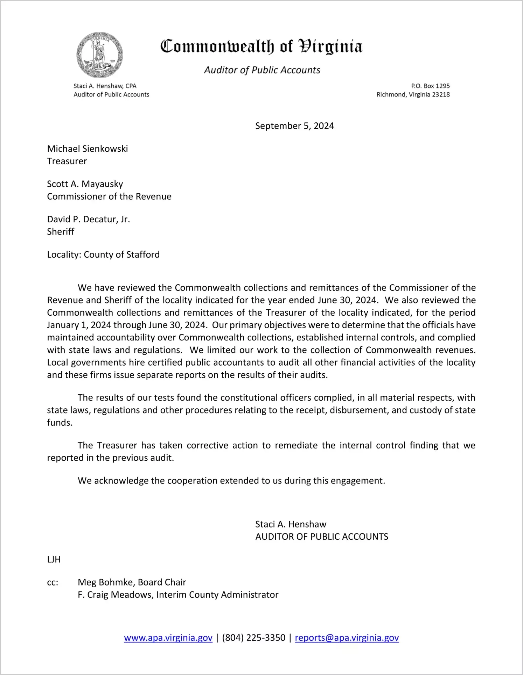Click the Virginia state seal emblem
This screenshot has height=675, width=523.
click(100, 55)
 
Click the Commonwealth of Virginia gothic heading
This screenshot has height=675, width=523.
click(261, 47)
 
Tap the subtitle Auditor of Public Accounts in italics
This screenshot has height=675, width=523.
click(262, 70)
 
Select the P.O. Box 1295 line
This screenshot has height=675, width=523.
click(430, 86)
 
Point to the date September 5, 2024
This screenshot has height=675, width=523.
click(294, 126)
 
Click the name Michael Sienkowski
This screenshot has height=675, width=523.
click(88, 149)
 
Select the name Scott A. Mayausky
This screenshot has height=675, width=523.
click(85, 184)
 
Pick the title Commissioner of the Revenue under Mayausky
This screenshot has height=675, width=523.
click(109, 196)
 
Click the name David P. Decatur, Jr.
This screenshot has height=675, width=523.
click(89, 220)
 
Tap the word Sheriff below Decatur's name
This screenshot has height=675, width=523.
click(61, 232)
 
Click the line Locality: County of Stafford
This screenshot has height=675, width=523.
click(103, 254)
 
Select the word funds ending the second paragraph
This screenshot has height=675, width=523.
click(60, 423)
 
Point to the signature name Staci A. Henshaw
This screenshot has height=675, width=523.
click(291, 524)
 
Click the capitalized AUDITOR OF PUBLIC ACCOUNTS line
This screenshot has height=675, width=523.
click(322, 537)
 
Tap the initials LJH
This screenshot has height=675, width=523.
click(54, 560)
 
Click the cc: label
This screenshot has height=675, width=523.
click(53, 583)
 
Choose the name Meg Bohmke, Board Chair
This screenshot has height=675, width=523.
click(132, 582)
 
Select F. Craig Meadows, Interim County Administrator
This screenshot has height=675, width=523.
click(178, 595)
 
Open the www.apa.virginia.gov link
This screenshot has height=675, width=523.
click(168, 638)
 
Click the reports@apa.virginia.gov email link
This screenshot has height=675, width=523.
click(347, 638)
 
